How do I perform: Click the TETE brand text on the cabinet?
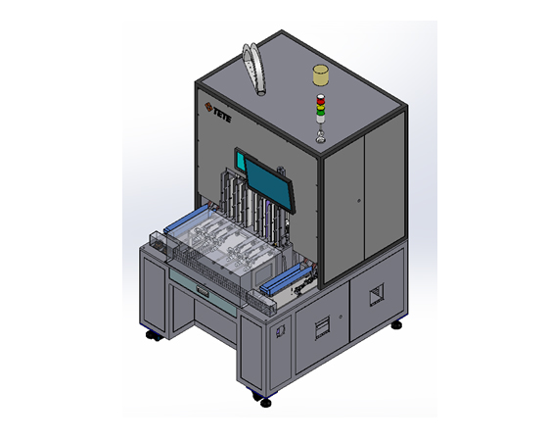(x=222, y=116)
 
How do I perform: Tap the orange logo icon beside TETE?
(x=208, y=107)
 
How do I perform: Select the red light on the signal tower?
(x=320, y=99)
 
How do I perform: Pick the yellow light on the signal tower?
(x=320, y=107)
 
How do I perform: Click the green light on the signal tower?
(x=320, y=112)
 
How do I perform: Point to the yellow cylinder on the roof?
(x=321, y=75)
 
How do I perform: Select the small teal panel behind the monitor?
(x=241, y=162)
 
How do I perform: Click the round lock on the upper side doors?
(x=359, y=201)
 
